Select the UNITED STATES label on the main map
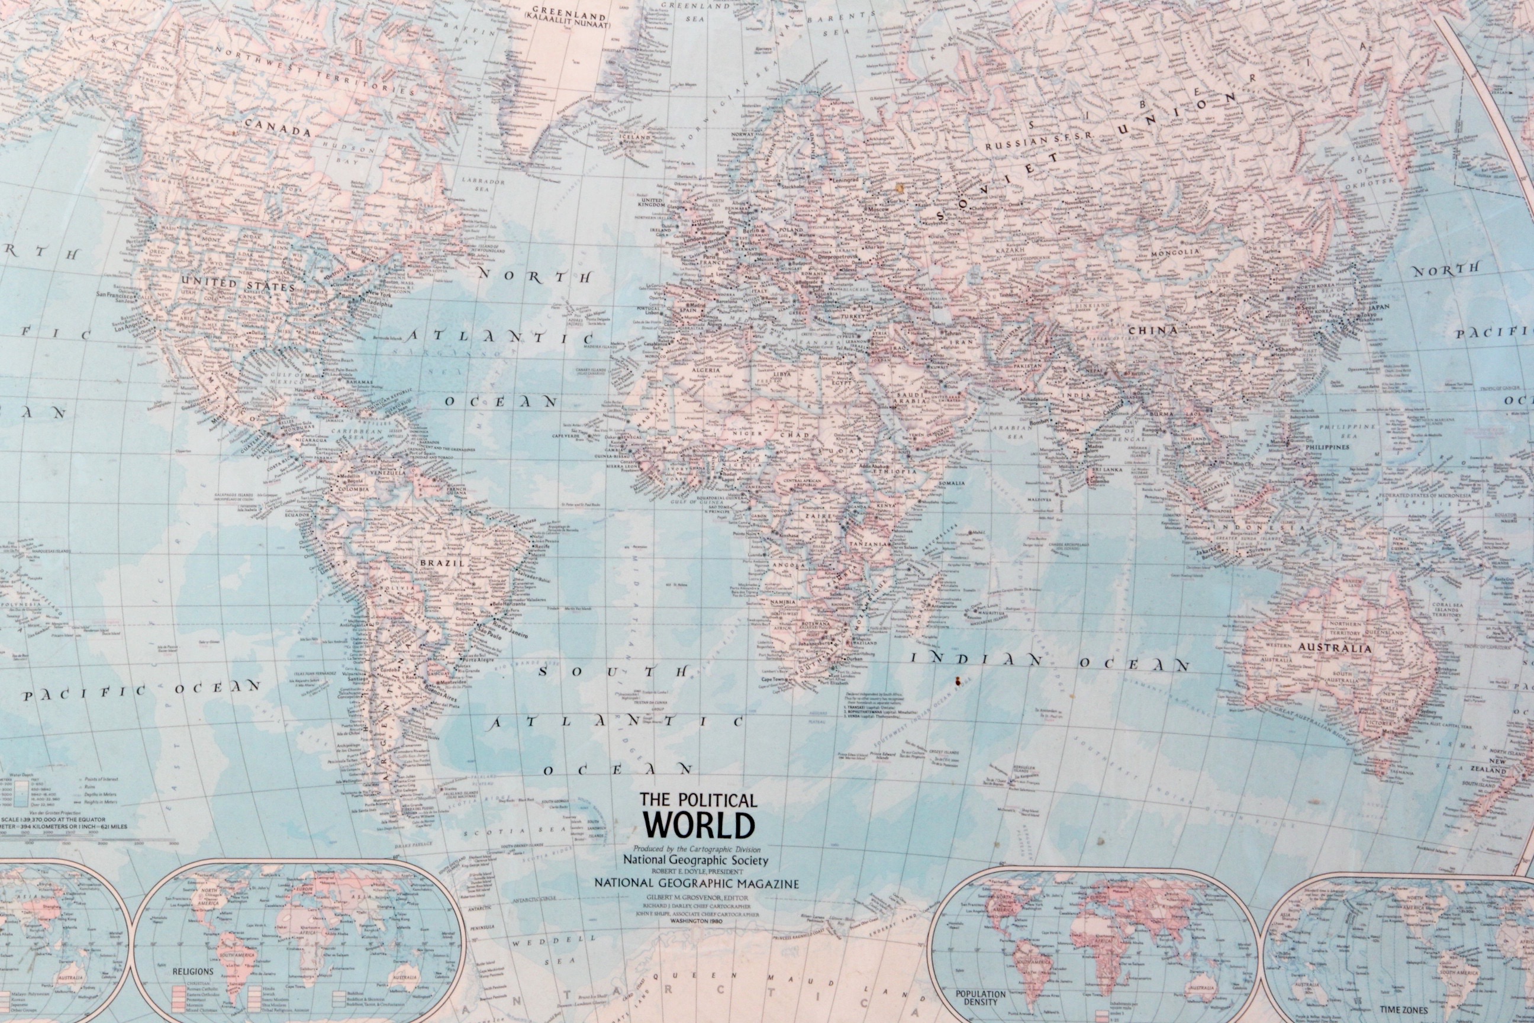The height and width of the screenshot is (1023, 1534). coord(238,283)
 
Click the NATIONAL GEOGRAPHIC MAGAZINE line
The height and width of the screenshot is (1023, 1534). coord(697,883)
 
